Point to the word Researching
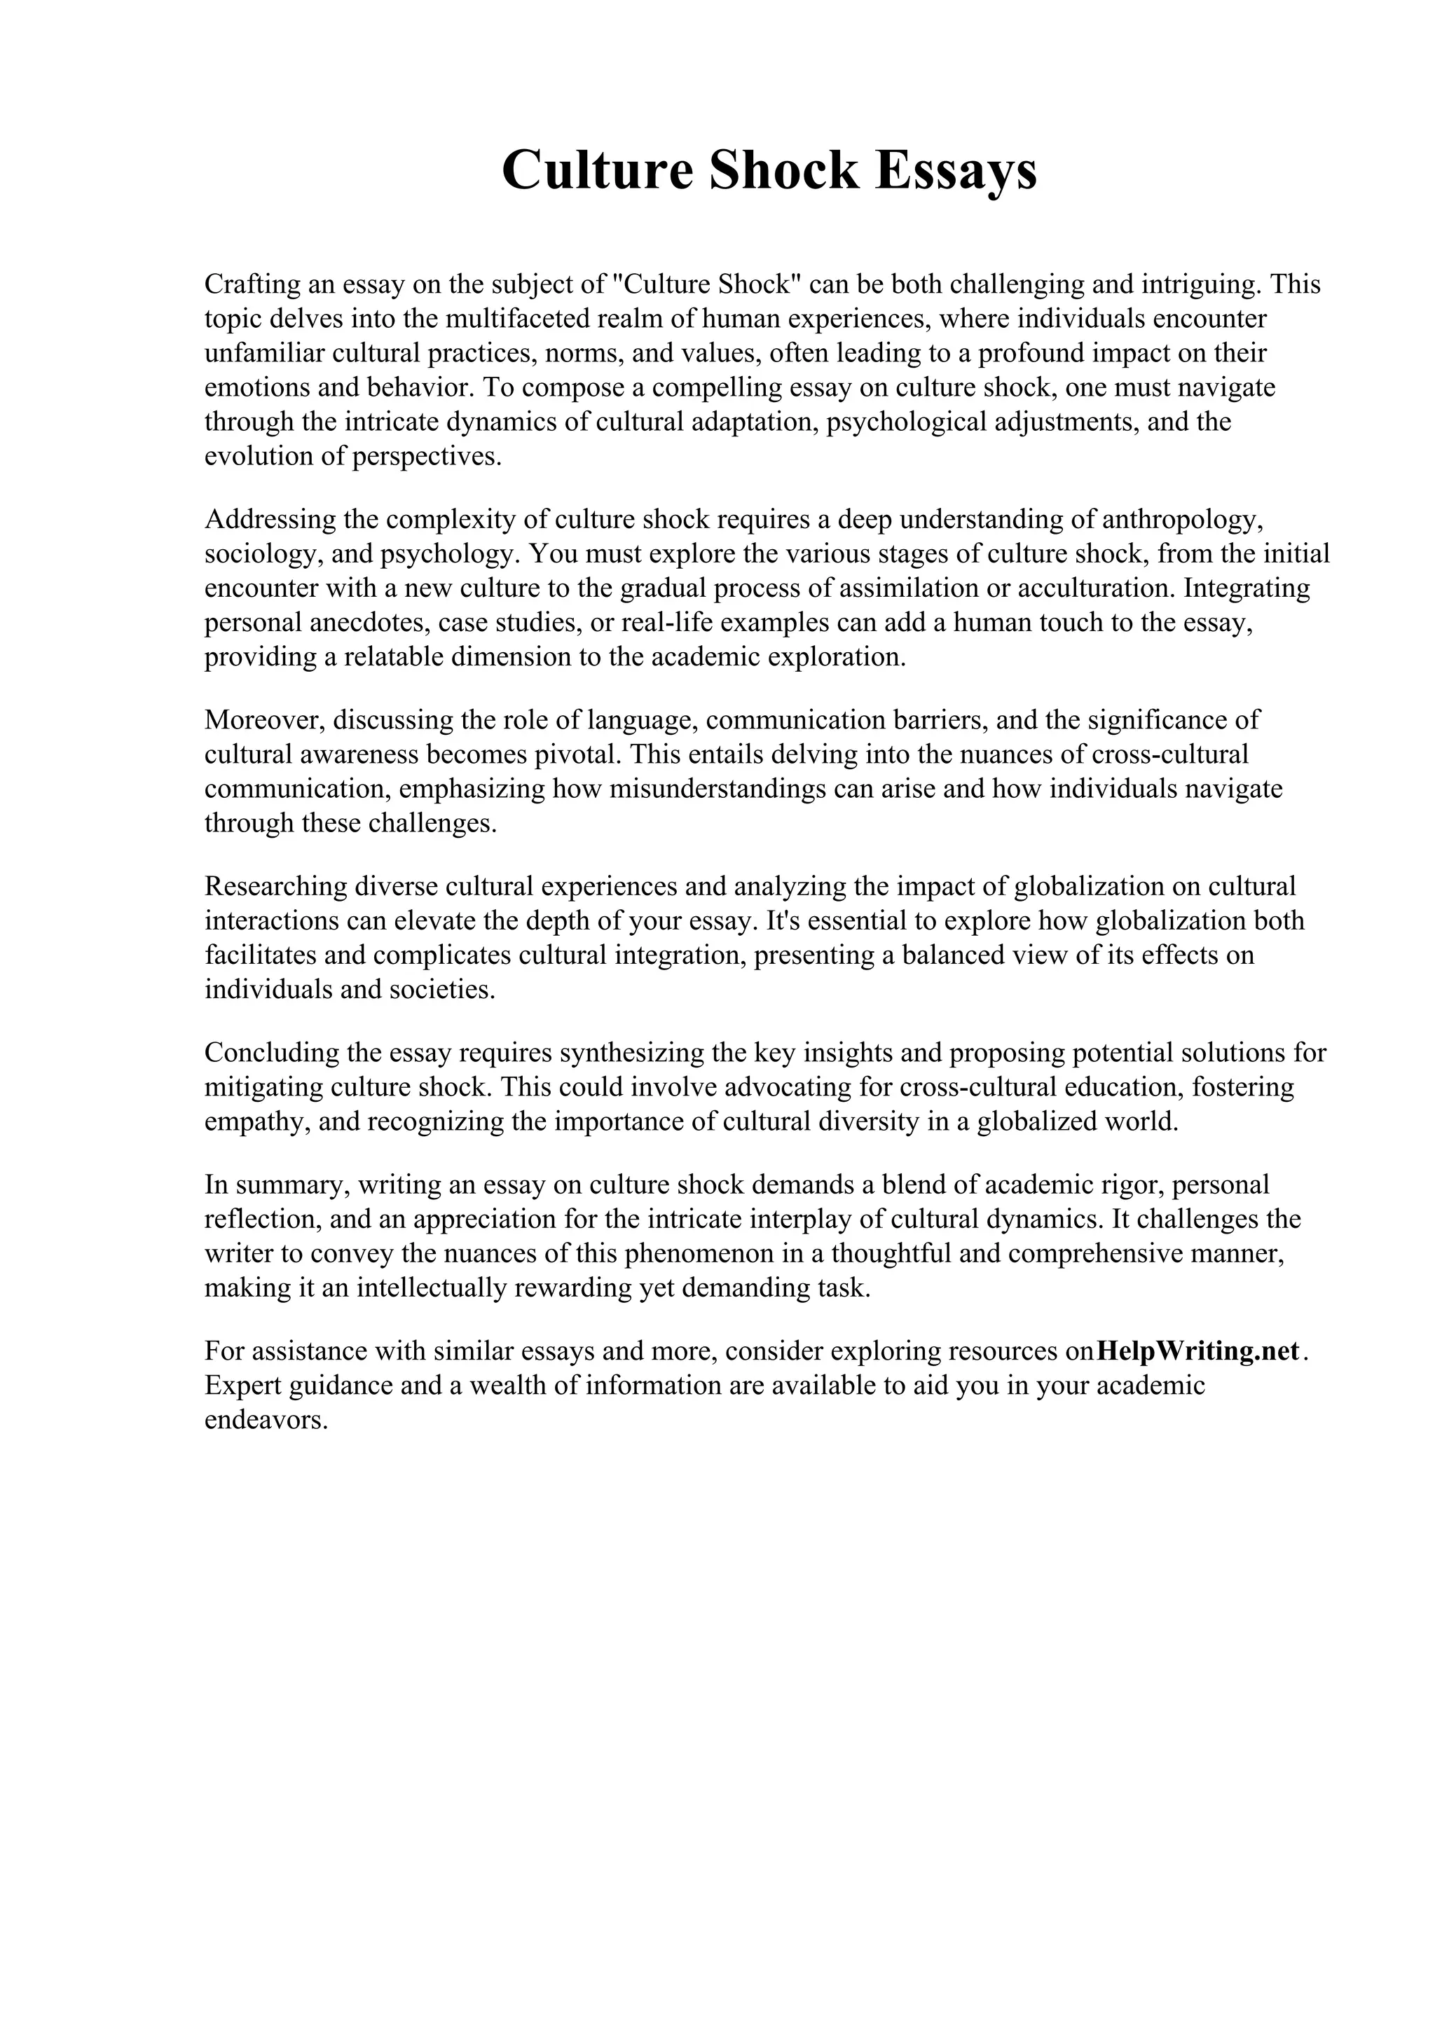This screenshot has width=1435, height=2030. (x=273, y=886)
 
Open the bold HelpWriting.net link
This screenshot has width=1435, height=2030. (x=1198, y=1351)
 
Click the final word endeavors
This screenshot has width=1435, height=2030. (x=266, y=1420)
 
